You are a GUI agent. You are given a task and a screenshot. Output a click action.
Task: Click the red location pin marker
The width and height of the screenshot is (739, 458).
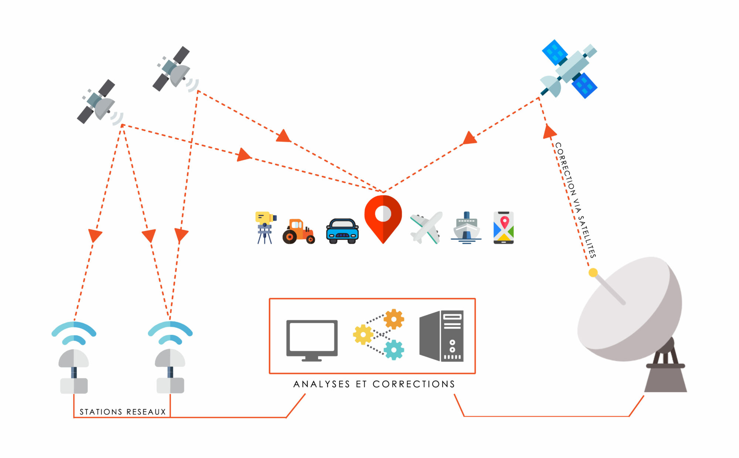pyautogui.click(x=383, y=218)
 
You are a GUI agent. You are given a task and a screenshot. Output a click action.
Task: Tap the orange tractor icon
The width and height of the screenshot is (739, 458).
pyautogui.click(x=299, y=232)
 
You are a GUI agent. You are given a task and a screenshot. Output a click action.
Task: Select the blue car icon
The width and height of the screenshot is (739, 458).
pyautogui.click(x=342, y=231)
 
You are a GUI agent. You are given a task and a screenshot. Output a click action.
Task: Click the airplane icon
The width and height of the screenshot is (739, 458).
pyautogui.click(x=426, y=227)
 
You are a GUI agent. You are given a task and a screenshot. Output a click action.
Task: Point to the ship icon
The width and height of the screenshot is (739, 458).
pyautogui.click(x=466, y=228)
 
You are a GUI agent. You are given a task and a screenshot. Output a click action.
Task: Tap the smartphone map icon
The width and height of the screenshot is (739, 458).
pyautogui.click(x=504, y=228)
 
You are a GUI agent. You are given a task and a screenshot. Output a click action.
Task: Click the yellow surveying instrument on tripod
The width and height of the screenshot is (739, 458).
pyautogui.click(x=265, y=226)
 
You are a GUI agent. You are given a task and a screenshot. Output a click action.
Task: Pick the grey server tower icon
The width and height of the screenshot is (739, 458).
pyautogui.click(x=442, y=336)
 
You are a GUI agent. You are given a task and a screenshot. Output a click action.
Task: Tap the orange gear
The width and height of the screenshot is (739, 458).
pyautogui.click(x=394, y=319)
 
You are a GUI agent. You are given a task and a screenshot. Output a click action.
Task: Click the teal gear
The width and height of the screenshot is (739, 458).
pyautogui.click(x=394, y=350)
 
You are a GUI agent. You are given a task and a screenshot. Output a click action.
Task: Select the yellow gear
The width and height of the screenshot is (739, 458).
pyautogui.click(x=363, y=335)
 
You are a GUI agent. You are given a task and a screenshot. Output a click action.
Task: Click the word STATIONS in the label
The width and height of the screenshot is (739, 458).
pyautogui.click(x=101, y=412)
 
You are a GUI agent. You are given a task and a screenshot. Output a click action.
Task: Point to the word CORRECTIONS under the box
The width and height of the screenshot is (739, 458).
pyautogui.click(x=413, y=384)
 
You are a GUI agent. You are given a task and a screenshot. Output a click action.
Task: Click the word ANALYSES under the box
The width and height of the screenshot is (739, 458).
pyautogui.click(x=321, y=384)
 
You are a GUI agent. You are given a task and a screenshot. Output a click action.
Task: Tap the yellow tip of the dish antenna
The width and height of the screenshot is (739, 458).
pyautogui.click(x=593, y=273)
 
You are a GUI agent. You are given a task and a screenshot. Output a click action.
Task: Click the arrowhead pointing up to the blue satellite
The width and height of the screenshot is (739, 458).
pyautogui.click(x=549, y=132)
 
